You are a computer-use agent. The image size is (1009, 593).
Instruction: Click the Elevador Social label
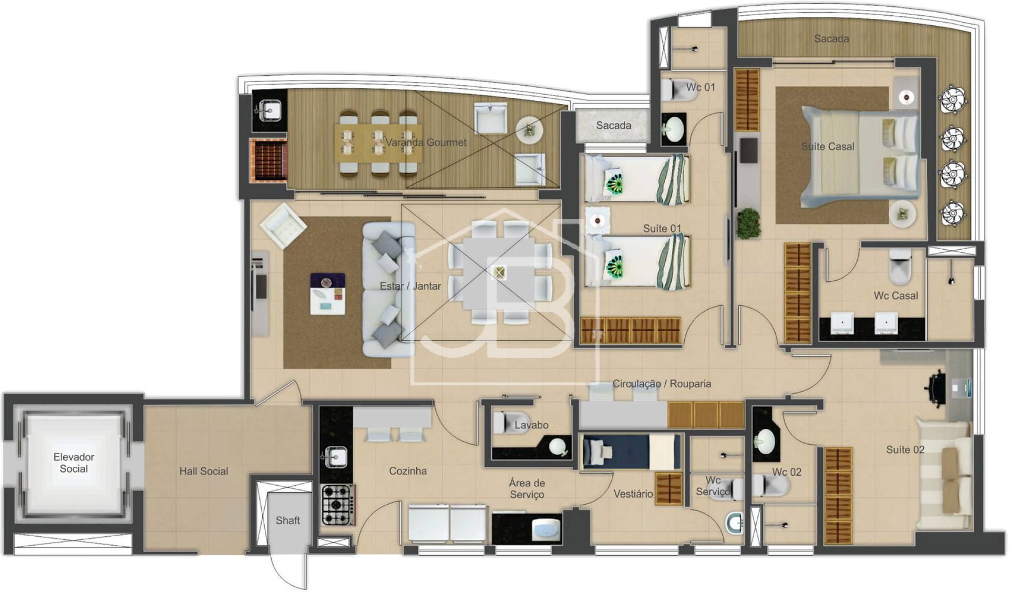pyautogui.click(x=74, y=463)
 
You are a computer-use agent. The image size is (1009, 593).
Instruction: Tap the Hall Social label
pyautogui.click(x=204, y=471)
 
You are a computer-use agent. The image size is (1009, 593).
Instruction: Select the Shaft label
pyautogui.click(x=288, y=520)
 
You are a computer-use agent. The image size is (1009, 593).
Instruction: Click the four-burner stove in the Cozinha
pyautogui.click(x=338, y=505)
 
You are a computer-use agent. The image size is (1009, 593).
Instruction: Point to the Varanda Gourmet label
pyautogui.click(x=426, y=142)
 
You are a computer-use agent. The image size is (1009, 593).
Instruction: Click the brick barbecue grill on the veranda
pyautogui.click(x=269, y=160)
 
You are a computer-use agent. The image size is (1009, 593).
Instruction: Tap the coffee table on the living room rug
pyautogui.click(x=327, y=294)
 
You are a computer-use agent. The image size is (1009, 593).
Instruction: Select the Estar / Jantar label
pyautogui.click(x=410, y=285)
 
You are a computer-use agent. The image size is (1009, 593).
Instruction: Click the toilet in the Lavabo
pyautogui.click(x=506, y=422)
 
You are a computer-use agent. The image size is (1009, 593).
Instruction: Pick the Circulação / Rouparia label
pyautogui.click(x=662, y=383)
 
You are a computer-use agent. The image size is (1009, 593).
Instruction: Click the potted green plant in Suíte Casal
pyautogui.click(x=748, y=223)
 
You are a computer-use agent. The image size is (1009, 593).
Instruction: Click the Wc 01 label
pyautogui.click(x=701, y=87)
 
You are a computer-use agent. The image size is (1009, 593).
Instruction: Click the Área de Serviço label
pyautogui.click(x=527, y=488)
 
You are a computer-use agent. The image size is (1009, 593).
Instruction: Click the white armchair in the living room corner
pyautogui.click(x=283, y=225)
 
